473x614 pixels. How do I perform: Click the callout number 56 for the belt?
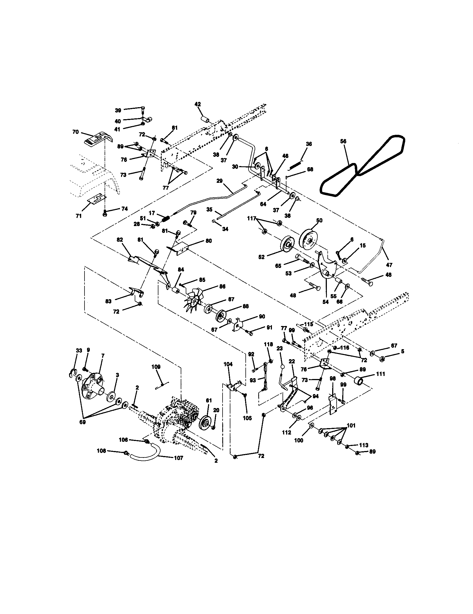click(343, 141)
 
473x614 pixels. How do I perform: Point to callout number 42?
click(198, 104)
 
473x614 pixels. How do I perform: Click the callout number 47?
click(389, 265)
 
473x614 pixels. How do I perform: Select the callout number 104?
click(228, 364)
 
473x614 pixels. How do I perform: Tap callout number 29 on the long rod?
click(219, 181)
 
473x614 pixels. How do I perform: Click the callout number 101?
click(351, 425)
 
